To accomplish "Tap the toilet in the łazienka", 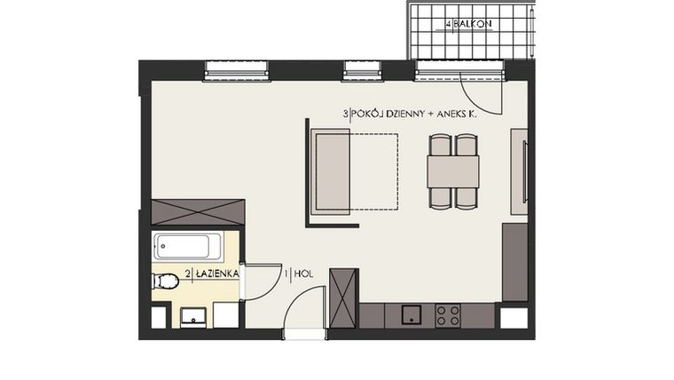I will click(x=165, y=281).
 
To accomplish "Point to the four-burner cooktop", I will click(x=448, y=315).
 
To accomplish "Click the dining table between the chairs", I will click(x=453, y=171).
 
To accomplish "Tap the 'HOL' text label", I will click(x=304, y=275).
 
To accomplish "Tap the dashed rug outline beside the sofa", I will click(x=374, y=171).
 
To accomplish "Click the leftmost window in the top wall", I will click(x=237, y=69).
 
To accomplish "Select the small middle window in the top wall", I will click(x=363, y=69).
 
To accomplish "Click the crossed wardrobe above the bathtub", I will click(x=198, y=212).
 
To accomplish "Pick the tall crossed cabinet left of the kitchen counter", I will click(x=343, y=297).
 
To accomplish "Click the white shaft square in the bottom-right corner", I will click(x=514, y=318).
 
